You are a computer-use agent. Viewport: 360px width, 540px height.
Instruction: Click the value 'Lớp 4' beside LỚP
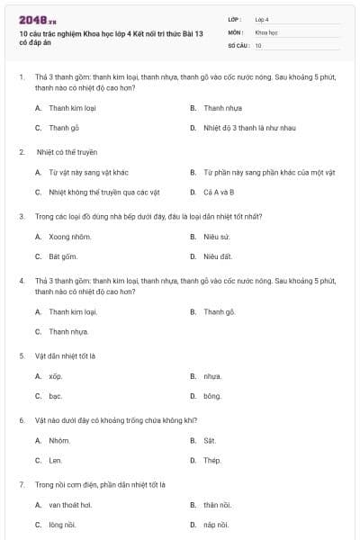(x=262, y=19)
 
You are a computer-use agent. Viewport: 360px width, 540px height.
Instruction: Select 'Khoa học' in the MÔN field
(x=265, y=31)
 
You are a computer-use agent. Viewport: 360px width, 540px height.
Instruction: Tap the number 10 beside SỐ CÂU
(x=258, y=45)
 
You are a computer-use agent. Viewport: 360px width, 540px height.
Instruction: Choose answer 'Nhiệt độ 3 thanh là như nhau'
(x=237, y=128)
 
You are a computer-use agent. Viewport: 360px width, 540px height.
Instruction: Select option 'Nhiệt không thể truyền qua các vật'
(x=91, y=192)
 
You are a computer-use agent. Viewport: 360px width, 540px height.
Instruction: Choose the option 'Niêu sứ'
(x=217, y=237)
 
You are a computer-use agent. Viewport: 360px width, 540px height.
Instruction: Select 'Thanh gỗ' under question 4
(x=219, y=311)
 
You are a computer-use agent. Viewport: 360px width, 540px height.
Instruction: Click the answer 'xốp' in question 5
(x=56, y=376)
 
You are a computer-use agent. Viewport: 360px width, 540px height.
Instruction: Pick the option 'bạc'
(x=56, y=396)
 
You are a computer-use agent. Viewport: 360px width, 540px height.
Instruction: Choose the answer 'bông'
(x=212, y=396)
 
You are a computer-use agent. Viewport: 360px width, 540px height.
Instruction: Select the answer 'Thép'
(x=212, y=460)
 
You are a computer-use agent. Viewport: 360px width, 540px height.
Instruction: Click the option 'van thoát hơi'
(x=70, y=505)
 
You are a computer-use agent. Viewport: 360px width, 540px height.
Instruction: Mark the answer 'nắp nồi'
(x=216, y=525)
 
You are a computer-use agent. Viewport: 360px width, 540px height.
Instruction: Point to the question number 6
(x=22, y=420)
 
